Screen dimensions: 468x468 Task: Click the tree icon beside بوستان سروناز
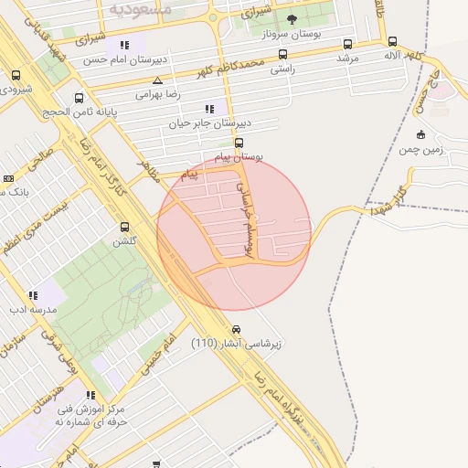coord(292,19)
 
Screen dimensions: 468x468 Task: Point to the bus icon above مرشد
coord(347,44)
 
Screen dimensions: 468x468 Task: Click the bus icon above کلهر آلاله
coord(392,42)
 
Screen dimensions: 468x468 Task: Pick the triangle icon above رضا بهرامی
coord(158,80)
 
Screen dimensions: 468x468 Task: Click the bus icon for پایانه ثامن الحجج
coord(80,98)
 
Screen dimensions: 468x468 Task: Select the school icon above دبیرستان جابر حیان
coord(210,109)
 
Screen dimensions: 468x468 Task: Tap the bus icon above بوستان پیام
coord(239,142)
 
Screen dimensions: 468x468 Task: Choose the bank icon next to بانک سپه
coord(9,178)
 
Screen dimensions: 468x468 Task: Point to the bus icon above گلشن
coord(124,227)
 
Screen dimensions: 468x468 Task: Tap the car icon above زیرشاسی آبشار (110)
coord(237,329)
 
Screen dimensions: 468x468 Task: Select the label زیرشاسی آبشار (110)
coord(237,344)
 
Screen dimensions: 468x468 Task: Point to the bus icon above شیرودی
coord(16,76)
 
